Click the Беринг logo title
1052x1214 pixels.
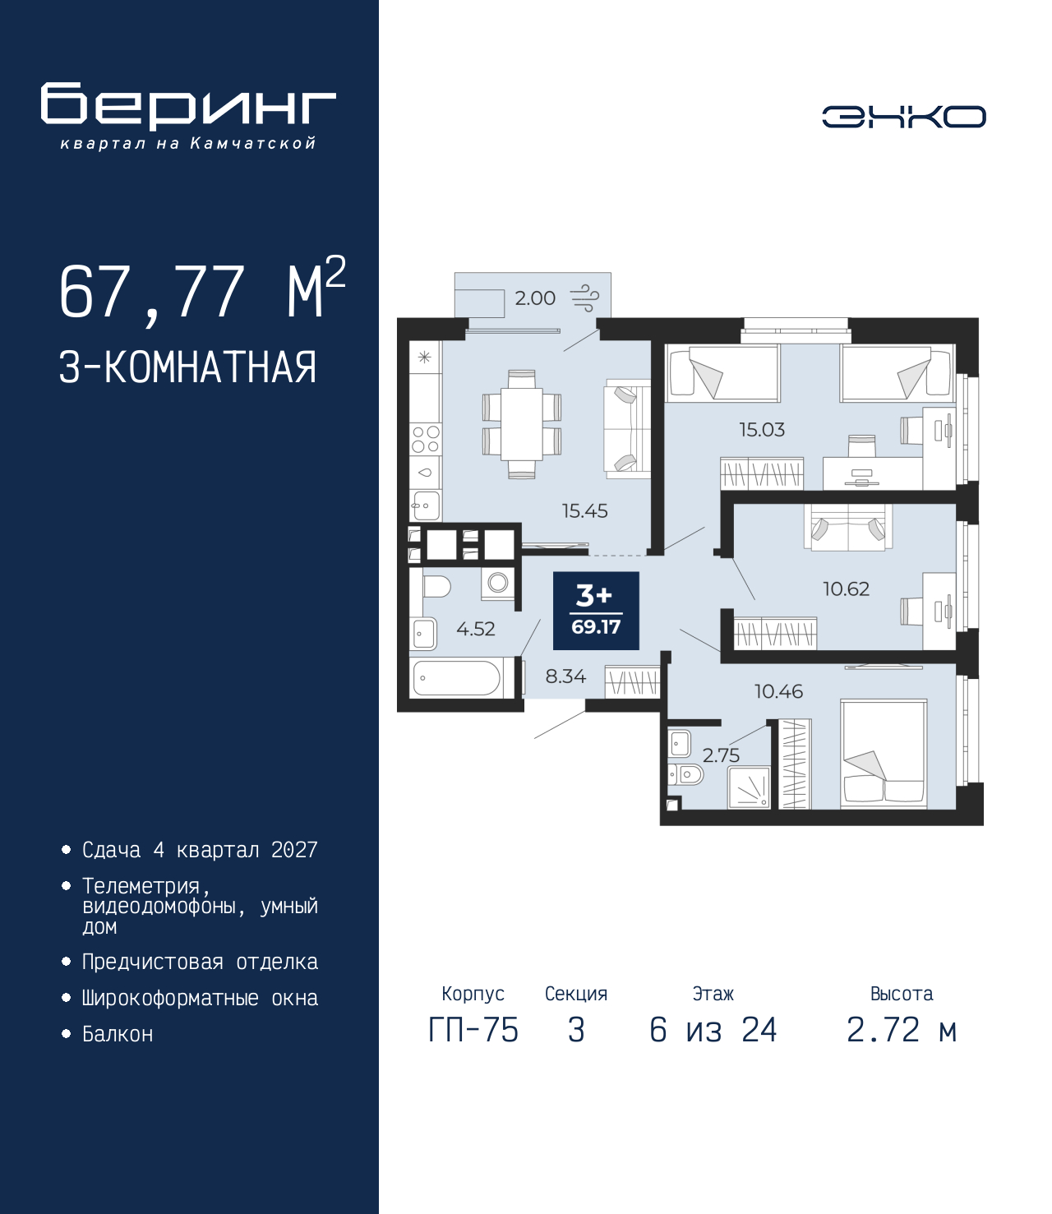point(188,106)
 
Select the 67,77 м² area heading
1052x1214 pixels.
point(203,291)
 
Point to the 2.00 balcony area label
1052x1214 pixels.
point(535,298)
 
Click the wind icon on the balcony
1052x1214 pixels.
point(585,298)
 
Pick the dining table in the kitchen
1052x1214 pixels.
point(522,424)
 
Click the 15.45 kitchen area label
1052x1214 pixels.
point(584,510)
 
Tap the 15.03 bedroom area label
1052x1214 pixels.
point(762,429)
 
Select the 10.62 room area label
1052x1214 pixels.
point(846,589)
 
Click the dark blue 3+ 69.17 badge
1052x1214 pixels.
point(596,611)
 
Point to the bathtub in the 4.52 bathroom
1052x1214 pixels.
point(457,678)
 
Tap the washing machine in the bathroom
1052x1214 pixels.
point(498,584)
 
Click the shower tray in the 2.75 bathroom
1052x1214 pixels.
point(749,787)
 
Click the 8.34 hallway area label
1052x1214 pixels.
point(565,676)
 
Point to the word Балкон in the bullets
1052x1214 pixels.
point(118,1034)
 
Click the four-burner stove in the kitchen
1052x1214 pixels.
point(426,439)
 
